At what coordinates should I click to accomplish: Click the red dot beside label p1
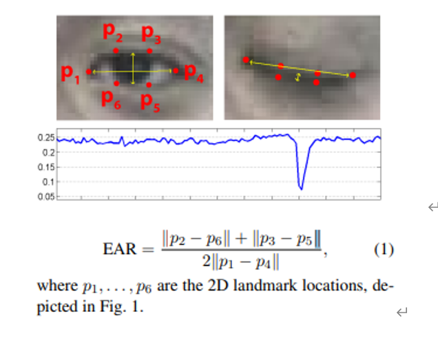89,72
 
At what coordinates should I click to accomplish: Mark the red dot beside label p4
176,70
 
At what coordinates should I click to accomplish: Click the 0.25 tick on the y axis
45,138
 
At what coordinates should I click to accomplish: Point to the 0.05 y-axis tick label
45,197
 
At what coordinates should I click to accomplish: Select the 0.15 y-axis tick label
45,167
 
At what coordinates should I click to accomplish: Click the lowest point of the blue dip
301,187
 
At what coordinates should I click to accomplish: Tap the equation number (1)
384,249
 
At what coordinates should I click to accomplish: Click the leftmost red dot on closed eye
246,61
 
